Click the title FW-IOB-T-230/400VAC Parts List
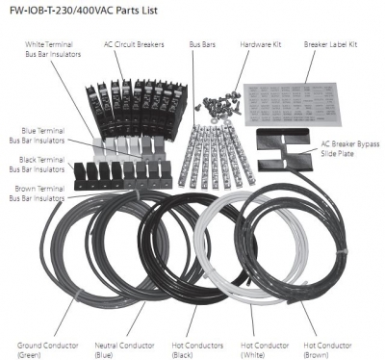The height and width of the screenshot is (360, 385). pos(84,11)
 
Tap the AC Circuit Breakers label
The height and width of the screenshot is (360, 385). pos(134,44)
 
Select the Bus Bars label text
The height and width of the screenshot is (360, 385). pos(202,44)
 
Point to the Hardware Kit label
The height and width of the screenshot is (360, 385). pos(261,44)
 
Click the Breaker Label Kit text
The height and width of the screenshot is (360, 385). pos(330,44)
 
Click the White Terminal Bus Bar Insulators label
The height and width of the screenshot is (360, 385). pos(53,49)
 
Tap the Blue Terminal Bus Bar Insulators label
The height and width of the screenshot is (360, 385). pos(37,136)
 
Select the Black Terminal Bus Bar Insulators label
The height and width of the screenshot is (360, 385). pos(37,165)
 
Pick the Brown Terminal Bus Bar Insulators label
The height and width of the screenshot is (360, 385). pos(37,193)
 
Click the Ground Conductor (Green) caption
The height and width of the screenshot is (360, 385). pos(48,350)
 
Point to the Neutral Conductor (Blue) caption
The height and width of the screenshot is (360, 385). pos(124,350)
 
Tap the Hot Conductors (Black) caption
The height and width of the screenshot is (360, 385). pos(197,350)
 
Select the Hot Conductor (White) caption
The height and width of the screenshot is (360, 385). pos(265,350)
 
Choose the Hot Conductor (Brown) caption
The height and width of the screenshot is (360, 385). pos(327,350)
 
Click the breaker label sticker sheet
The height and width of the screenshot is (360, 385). pos(292,104)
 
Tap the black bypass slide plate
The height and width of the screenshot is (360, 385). pos(284,151)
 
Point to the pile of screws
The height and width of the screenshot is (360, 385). pos(221,105)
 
